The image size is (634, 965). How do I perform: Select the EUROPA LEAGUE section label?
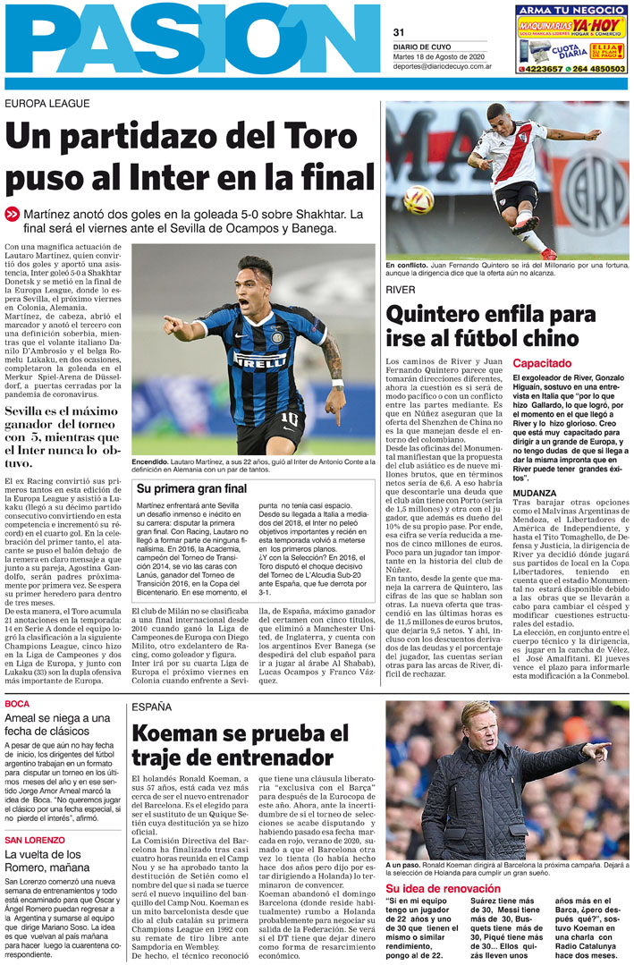pyautogui.click(x=47, y=104)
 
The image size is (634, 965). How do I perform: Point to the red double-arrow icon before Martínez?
pyautogui.click(x=12, y=215)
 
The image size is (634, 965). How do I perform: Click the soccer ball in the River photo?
pyautogui.click(x=417, y=199)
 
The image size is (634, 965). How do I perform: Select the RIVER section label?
pyautogui.click(x=400, y=291)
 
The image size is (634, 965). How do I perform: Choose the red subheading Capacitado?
pyautogui.click(x=541, y=364)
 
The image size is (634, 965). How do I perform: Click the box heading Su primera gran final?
pyautogui.click(x=191, y=488)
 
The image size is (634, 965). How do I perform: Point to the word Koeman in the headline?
pyautogui.click(x=182, y=735)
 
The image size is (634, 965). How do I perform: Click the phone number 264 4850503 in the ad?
pyautogui.click(x=597, y=69)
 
